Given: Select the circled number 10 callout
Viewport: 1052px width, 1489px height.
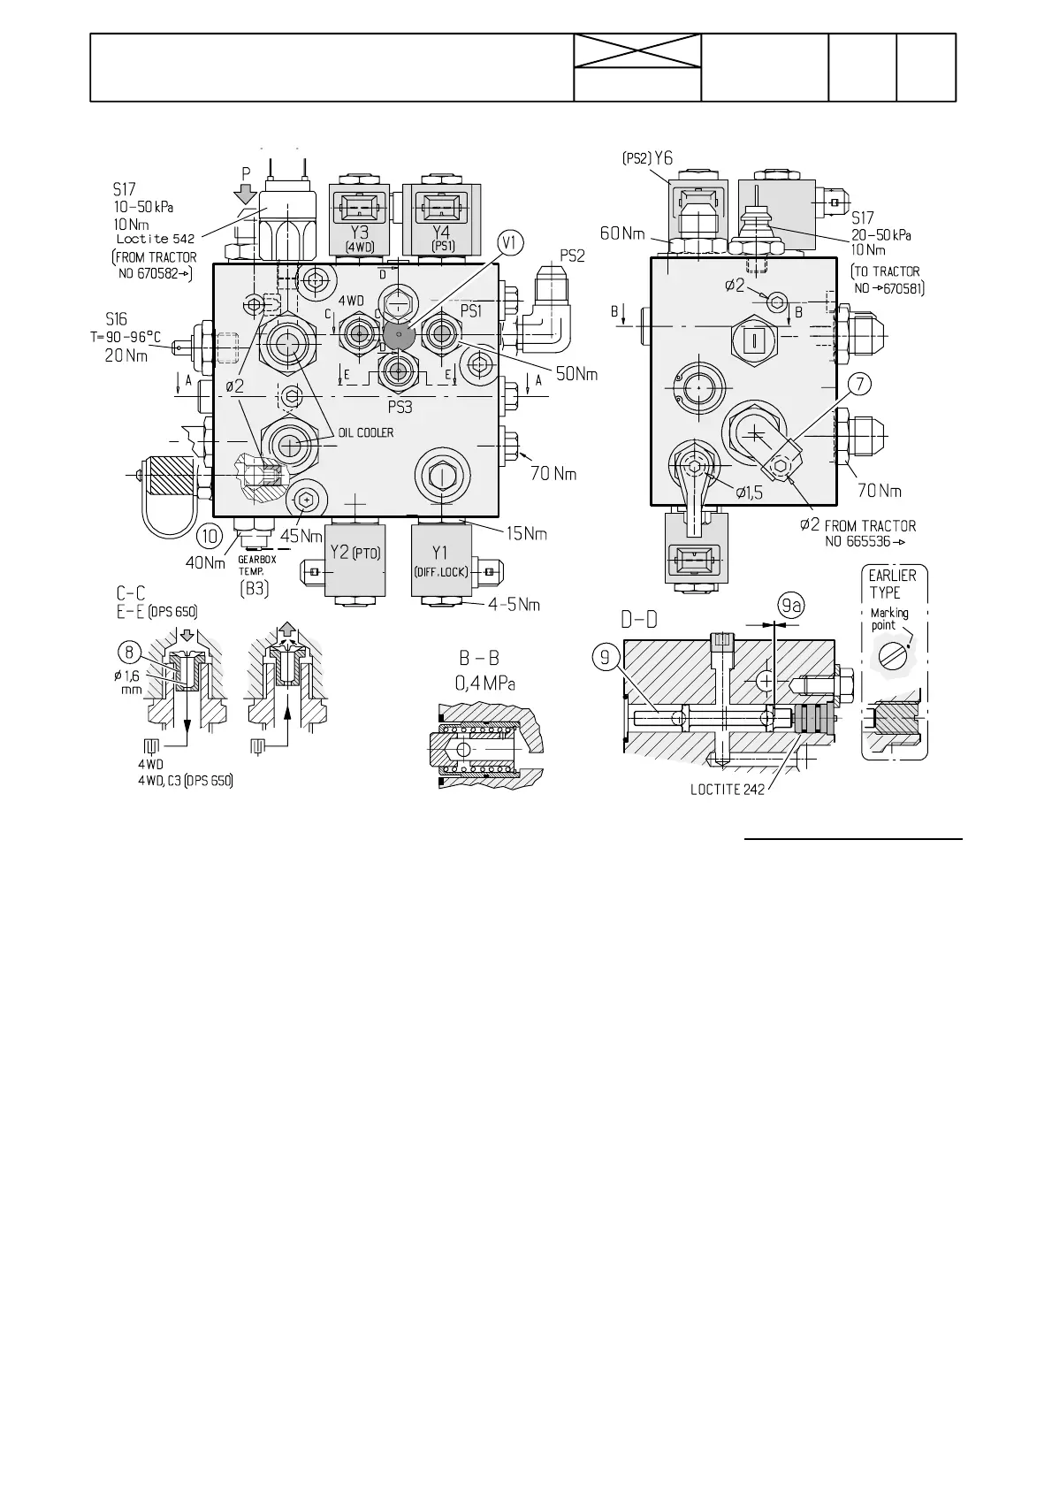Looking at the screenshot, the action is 210,536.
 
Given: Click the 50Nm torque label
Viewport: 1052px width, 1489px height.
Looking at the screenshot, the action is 576,375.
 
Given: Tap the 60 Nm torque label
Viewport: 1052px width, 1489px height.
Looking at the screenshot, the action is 622,233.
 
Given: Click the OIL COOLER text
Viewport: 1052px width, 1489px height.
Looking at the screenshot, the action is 365,432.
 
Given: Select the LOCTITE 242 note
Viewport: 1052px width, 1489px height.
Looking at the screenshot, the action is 727,790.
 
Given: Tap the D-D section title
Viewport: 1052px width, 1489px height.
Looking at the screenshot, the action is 638,620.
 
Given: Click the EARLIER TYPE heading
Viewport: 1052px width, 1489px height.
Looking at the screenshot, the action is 893,584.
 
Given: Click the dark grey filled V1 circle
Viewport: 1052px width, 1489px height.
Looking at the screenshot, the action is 399,335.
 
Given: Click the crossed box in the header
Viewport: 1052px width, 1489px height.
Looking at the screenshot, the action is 637,51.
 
